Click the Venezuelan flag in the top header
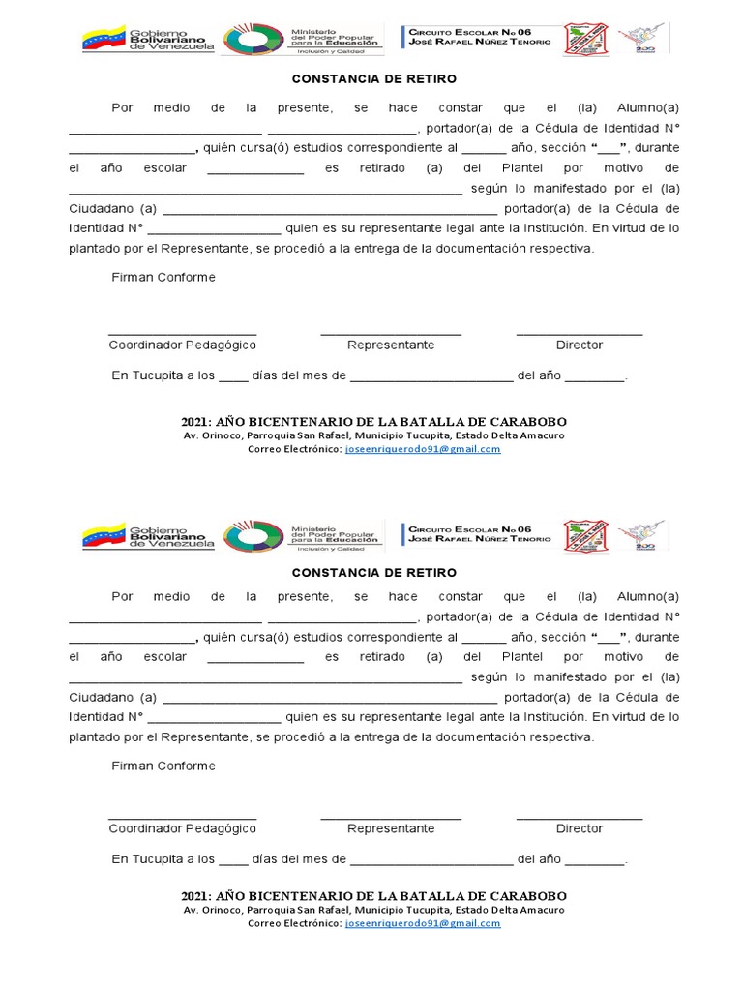[104, 40]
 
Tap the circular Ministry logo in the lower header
[253, 536]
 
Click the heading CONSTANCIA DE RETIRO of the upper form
[373, 78]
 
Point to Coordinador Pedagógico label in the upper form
[182, 345]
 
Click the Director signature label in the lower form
[579, 828]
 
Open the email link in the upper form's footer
[423, 450]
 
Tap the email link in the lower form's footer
[423, 923]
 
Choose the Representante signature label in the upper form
[391, 345]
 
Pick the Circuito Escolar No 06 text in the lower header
[470, 529]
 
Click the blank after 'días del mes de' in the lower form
[431, 859]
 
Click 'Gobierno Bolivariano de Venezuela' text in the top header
[172, 40]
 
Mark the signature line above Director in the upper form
[579, 334]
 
